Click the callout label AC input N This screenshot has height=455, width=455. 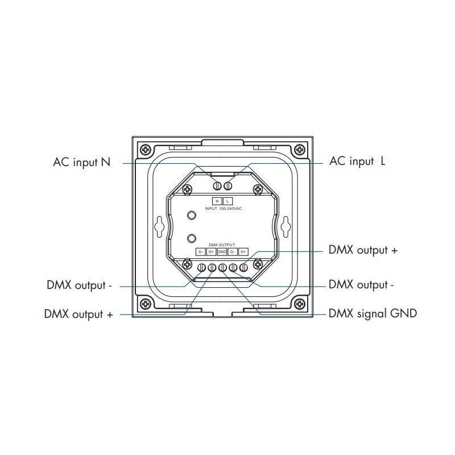[x=81, y=162]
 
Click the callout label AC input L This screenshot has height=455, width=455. [x=357, y=162]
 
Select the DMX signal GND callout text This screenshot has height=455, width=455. [x=373, y=313]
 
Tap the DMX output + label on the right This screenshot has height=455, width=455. [x=363, y=250]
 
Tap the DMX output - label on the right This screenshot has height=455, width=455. [x=361, y=284]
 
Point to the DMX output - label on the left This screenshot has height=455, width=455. [x=80, y=284]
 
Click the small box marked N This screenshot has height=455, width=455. [x=217, y=201]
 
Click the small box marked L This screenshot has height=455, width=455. [x=227, y=201]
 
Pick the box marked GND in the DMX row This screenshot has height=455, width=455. [x=222, y=252]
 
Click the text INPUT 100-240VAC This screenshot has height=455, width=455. [x=222, y=209]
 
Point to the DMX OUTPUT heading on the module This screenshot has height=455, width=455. [x=222, y=243]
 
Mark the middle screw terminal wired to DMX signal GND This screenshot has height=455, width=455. [x=222, y=268]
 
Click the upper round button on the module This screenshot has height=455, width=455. [x=192, y=215]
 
